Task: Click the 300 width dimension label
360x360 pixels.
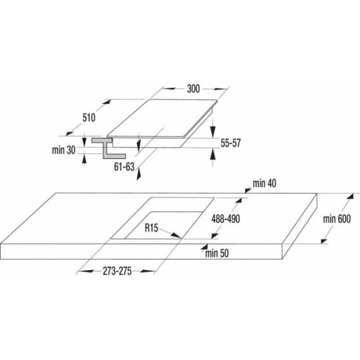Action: [x=193, y=89]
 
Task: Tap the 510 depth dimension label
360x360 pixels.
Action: [x=89, y=118]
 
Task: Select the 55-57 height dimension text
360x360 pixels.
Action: [x=230, y=143]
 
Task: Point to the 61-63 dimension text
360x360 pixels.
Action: [x=124, y=167]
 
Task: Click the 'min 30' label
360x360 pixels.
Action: [x=64, y=150]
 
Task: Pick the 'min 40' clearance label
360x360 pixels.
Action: [x=265, y=183]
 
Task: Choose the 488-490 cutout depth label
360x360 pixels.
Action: [x=225, y=219]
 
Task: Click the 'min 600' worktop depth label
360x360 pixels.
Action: [x=337, y=219]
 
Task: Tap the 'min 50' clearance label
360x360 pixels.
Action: [x=217, y=253]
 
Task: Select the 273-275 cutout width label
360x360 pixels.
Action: [x=117, y=271]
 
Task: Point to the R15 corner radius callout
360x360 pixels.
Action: [x=151, y=228]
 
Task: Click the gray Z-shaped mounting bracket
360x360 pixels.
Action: [x=109, y=148]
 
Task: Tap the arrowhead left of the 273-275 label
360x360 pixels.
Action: [x=86, y=271]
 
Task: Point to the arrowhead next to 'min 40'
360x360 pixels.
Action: [x=248, y=190]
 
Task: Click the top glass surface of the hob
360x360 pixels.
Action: [x=162, y=118]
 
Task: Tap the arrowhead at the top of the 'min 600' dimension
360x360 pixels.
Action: [x=351, y=198]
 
